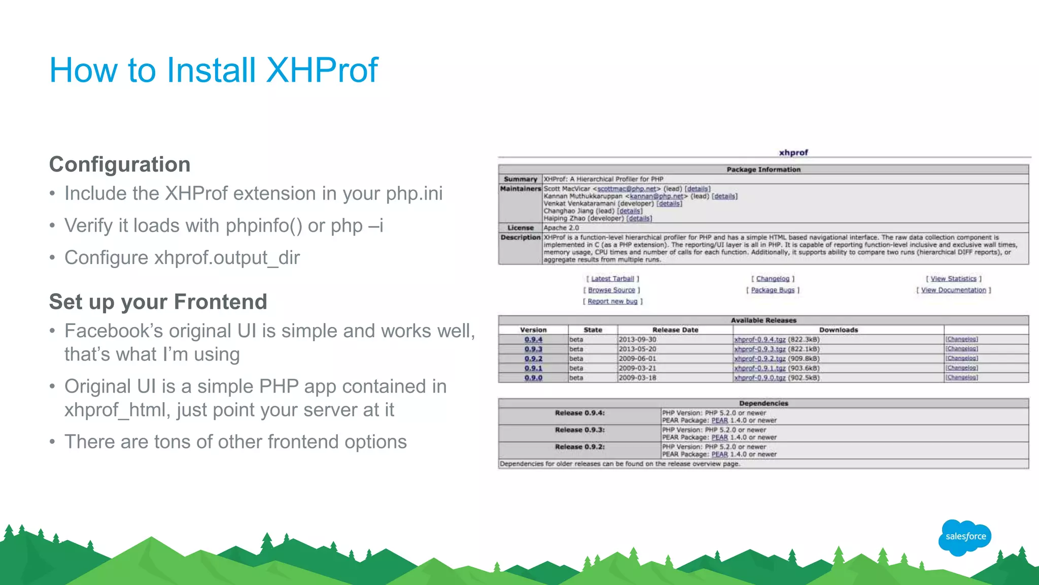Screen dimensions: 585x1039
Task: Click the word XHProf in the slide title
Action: coord(322,70)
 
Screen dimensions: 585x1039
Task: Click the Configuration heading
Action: coord(120,165)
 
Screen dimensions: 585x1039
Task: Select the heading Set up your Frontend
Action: coord(158,302)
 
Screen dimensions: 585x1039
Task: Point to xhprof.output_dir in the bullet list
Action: coord(227,258)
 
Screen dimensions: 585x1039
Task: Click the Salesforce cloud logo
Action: coord(965,536)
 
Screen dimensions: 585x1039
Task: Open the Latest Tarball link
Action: coord(612,279)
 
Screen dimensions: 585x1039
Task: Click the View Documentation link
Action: coord(953,290)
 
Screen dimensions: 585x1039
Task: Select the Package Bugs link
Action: coord(772,290)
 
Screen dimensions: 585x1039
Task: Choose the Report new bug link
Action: coord(612,301)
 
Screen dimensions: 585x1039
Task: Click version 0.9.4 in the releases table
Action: coord(533,339)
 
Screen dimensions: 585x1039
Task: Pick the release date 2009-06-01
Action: coord(637,359)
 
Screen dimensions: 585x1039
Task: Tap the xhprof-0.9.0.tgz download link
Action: coord(759,378)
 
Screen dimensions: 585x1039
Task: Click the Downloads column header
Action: coord(838,330)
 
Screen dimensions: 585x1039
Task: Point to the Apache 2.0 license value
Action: coord(561,228)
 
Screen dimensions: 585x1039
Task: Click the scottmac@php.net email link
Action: coord(627,189)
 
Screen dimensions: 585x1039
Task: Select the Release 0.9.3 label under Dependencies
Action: coord(579,430)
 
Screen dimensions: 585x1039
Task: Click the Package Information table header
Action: coord(763,170)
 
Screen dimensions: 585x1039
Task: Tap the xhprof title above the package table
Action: coord(793,152)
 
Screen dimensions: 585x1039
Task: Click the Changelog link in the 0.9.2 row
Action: coord(961,359)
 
